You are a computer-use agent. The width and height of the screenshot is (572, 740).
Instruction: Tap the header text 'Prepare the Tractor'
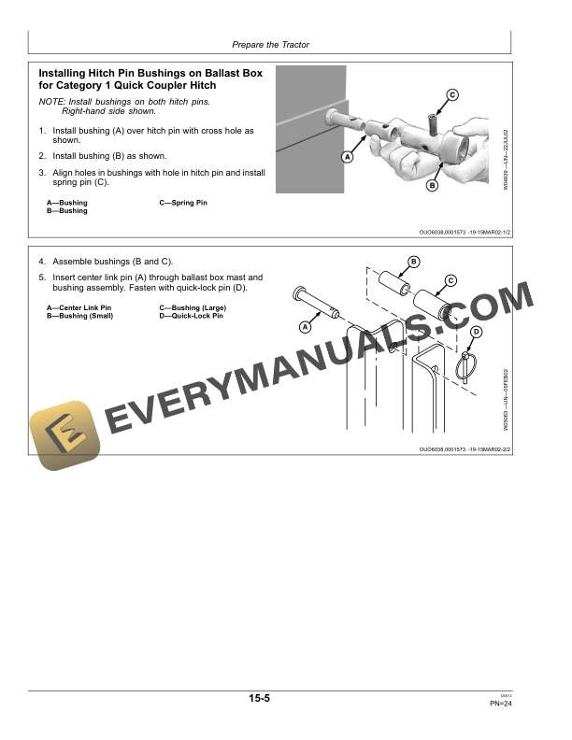click(270, 45)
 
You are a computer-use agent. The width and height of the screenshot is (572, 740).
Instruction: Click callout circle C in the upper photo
click(451, 94)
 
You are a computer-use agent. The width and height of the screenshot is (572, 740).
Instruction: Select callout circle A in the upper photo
click(347, 157)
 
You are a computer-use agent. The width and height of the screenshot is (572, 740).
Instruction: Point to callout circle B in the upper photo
click(432, 186)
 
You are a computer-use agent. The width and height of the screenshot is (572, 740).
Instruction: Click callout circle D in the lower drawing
click(476, 333)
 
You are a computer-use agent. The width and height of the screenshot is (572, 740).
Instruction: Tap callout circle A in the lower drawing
click(306, 327)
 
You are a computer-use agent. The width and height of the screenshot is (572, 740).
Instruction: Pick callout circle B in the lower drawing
click(414, 261)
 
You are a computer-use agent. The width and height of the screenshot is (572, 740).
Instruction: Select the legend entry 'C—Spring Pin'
click(183, 203)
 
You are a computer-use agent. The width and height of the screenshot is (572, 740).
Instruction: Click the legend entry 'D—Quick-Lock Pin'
click(192, 316)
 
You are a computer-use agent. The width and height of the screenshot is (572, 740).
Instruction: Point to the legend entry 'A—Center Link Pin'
click(79, 307)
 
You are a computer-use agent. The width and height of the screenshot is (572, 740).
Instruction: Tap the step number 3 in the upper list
click(41, 172)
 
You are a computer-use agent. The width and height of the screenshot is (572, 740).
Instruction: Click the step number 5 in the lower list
click(41, 277)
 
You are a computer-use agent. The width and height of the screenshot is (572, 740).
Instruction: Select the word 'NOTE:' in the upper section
click(53, 100)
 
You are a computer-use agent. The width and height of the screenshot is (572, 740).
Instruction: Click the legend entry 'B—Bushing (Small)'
click(79, 316)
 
